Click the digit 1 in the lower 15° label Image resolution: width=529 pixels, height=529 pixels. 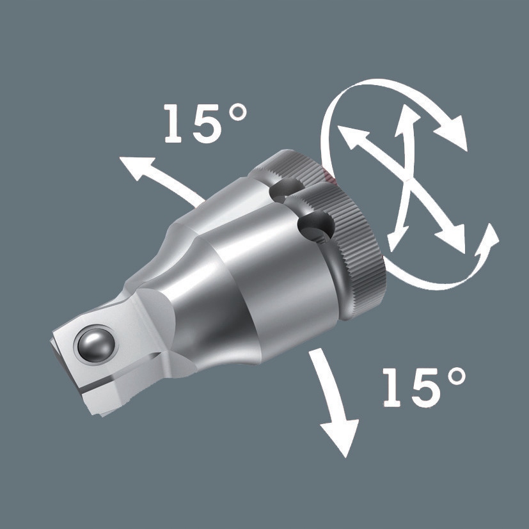click(x=394, y=388)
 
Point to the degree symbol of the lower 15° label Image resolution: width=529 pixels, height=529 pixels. click(x=455, y=378)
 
